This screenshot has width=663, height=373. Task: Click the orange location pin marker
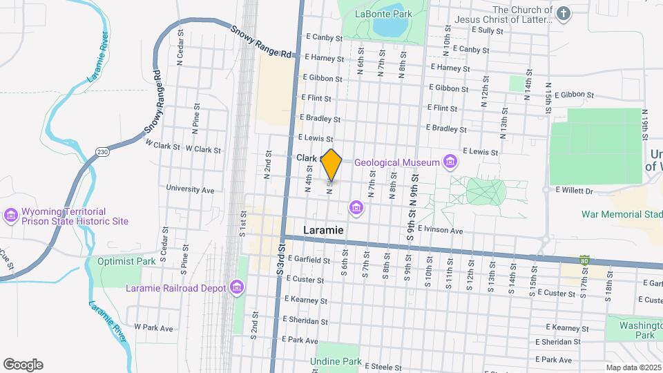point(332,164)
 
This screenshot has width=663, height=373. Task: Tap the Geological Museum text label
point(396,162)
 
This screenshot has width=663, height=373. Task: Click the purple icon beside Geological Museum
point(450,162)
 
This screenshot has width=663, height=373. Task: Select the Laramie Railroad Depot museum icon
point(238,287)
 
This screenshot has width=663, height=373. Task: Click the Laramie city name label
point(323,229)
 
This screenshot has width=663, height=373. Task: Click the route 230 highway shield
point(102,152)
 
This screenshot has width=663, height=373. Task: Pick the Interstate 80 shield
point(584,260)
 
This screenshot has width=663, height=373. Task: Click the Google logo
point(23,365)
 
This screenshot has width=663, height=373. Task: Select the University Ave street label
point(190,189)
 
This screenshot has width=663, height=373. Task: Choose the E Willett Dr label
point(575,189)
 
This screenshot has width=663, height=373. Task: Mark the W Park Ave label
point(153,327)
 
